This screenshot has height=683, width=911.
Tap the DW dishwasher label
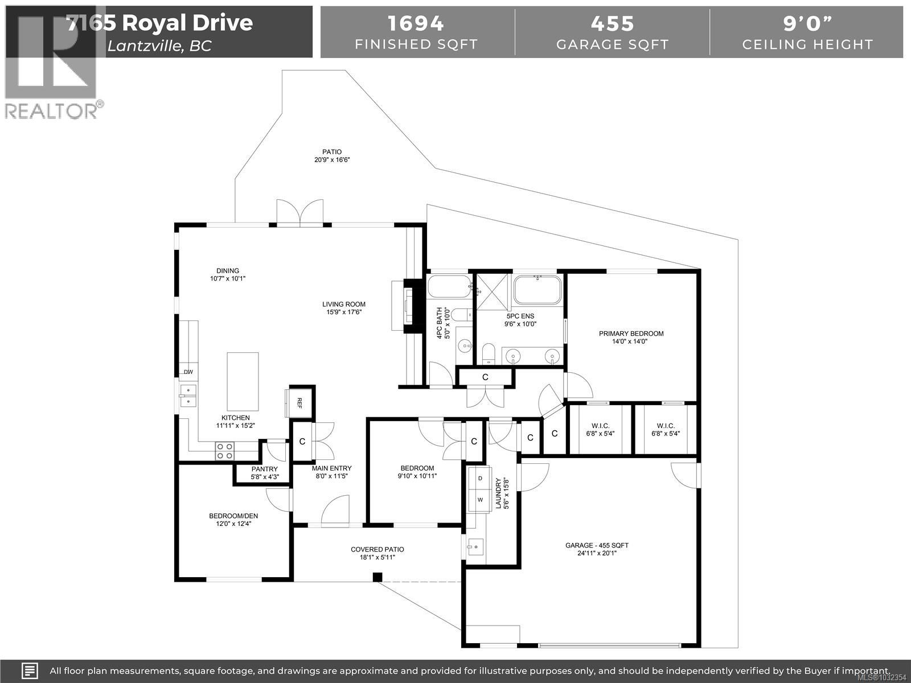tap(188, 372)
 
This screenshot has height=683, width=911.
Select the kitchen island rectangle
tap(243, 381)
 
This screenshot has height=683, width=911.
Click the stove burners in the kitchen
tap(224, 451)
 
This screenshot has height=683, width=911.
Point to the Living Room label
tap(344, 308)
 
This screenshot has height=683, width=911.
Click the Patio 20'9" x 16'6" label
tap(332, 155)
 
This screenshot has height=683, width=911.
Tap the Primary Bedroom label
tap(631, 338)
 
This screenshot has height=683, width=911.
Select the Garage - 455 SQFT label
tap(597, 549)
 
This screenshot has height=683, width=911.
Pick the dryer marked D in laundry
tap(480, 479)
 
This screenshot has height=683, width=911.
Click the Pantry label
tap(264, 473)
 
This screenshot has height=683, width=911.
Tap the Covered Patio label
tap(377, 553)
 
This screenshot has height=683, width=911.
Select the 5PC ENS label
tap(520, 320)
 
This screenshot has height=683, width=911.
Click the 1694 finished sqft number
tap(416, 23)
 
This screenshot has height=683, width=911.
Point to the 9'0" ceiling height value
tap(807, 23)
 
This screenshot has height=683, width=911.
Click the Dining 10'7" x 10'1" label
tap(228, 274)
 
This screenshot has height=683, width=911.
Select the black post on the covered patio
tap(377, 577)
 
